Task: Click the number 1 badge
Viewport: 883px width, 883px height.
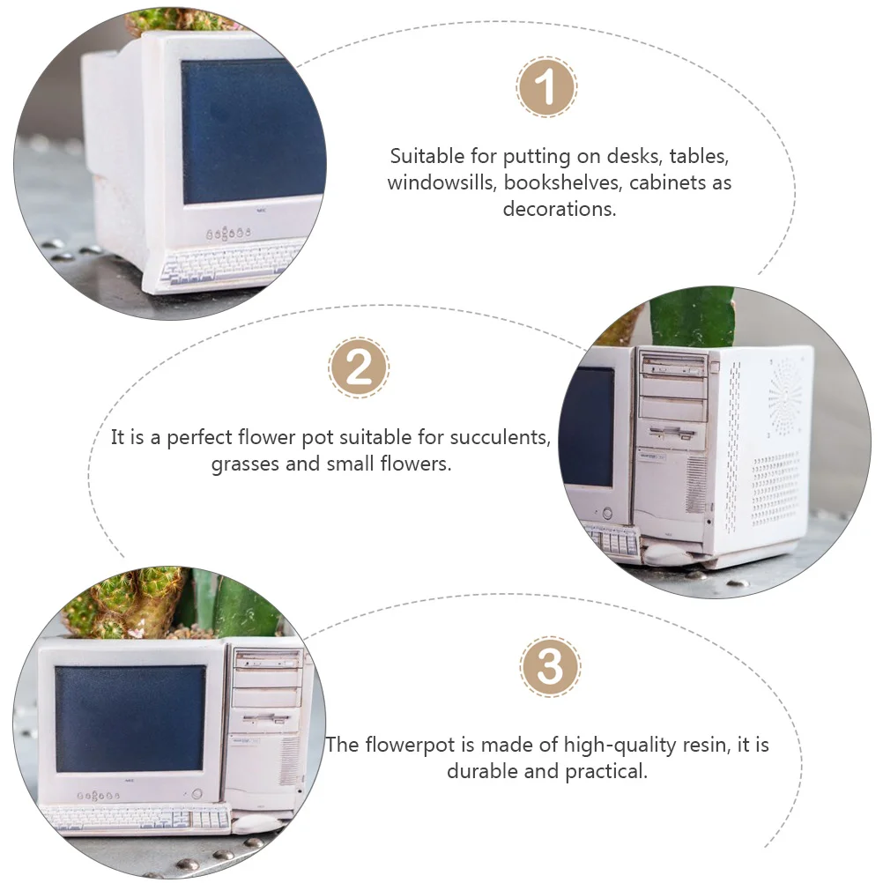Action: point(545,86)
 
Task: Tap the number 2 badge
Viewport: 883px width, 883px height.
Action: point(359,367)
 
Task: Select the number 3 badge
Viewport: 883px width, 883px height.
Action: point(550,667)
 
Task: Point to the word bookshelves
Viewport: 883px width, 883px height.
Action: point(563,182)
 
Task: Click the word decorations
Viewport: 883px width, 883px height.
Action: point(560,209)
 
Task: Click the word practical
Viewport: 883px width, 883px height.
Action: point(606,771)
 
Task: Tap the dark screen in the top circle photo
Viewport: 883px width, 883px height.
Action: point(253,130)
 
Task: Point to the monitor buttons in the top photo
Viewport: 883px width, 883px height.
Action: point(227,233)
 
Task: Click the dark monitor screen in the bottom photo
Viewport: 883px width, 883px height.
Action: point(130,718)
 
